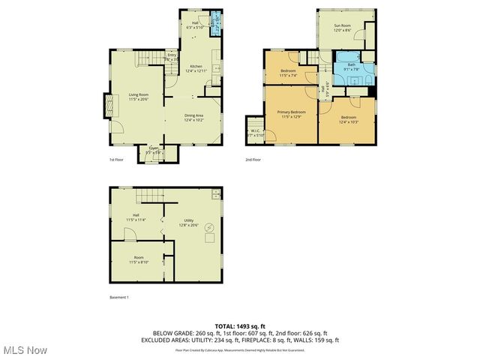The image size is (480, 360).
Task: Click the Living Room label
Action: pyautogui.click(x=137, y=94)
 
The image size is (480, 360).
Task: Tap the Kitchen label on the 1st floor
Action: pyautogui.click(x=195, y=66)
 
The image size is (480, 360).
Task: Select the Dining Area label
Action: pyautogui.click(x=195, y=115)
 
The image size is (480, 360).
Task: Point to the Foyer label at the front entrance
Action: pyautogui.click(x=153, y=148)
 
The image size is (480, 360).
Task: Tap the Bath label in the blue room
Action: pyautogui.click(x=351, y=64)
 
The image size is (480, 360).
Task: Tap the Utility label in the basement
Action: pyautogui.click(x=188, y=220)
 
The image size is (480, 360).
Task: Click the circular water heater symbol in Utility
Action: pyautogui.click(x=210, y=227)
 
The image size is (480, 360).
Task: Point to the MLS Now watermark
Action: pyautogui.click(x=24, y=350)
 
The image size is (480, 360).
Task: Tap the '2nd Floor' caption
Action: pyautogui.click(x=253, y=160)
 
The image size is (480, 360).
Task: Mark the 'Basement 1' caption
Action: pyautogui.click(x=119, y=298)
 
